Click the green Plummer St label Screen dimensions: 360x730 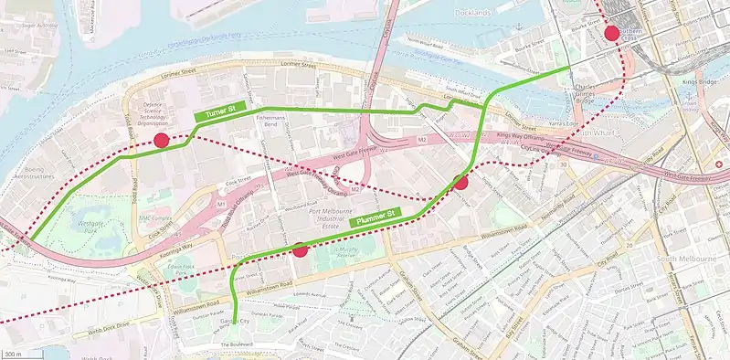point(376,217)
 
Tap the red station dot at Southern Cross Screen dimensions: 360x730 point(611,35)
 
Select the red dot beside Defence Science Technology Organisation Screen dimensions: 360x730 point(161,140)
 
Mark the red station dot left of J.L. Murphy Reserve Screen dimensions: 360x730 point(300,249)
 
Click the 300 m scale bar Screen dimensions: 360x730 point(12,353)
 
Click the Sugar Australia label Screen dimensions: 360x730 point(40,26)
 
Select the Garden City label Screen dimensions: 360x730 point(235,322)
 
